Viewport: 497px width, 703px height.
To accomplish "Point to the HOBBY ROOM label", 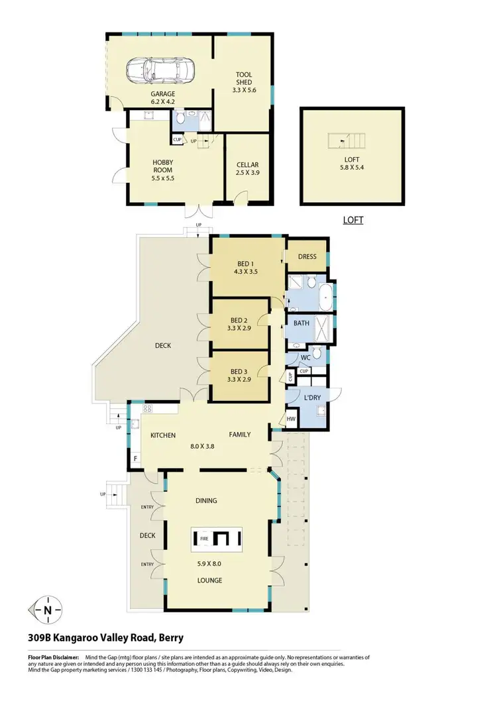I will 162,166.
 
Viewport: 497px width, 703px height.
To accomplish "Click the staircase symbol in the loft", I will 346,141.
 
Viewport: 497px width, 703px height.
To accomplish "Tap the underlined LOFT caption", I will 353,219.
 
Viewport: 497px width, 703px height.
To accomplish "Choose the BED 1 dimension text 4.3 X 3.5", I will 245,270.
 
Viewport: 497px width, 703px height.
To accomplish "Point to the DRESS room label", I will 307,256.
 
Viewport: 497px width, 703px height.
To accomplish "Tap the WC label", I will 305,358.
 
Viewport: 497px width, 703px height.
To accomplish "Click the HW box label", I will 292,419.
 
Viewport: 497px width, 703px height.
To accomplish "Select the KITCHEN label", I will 162,435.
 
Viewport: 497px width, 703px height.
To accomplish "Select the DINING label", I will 206,501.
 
